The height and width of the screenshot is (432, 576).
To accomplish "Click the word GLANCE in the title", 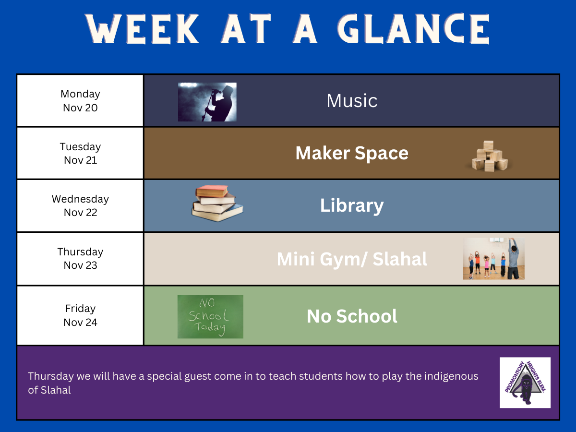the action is tap(414, 29).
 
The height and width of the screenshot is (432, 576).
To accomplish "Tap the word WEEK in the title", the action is tap(142, 29).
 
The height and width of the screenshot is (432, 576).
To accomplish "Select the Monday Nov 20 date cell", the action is tap(80, 101).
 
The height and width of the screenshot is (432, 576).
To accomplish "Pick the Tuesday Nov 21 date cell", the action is tap(80, 153).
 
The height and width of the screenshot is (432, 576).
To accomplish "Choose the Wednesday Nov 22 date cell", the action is tap(80, 205).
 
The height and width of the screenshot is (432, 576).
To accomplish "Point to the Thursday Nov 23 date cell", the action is tap(80, 259).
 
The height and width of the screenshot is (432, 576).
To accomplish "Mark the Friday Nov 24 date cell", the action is tap(80, 315).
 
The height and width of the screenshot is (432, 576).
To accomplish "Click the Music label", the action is tap(352, 101).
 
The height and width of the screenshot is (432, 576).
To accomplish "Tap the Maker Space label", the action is tap(352, 153).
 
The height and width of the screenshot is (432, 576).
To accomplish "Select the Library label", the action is tap(352, 205).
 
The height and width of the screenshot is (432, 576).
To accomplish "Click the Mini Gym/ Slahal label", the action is tap(352, 259).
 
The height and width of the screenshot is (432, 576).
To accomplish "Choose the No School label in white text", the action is tap(352, 316).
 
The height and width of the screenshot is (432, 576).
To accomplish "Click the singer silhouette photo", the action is tap(207, 102).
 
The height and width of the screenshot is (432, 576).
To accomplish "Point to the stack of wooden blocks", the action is tap(490, 156).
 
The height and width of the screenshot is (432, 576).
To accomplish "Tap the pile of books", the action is tap(217, 203).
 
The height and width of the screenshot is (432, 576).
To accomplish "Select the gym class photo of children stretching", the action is tap(494, 259).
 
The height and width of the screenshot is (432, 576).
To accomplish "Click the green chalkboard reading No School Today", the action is tap(210, 317).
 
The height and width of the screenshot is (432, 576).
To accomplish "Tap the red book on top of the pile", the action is tap(212, 191).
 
